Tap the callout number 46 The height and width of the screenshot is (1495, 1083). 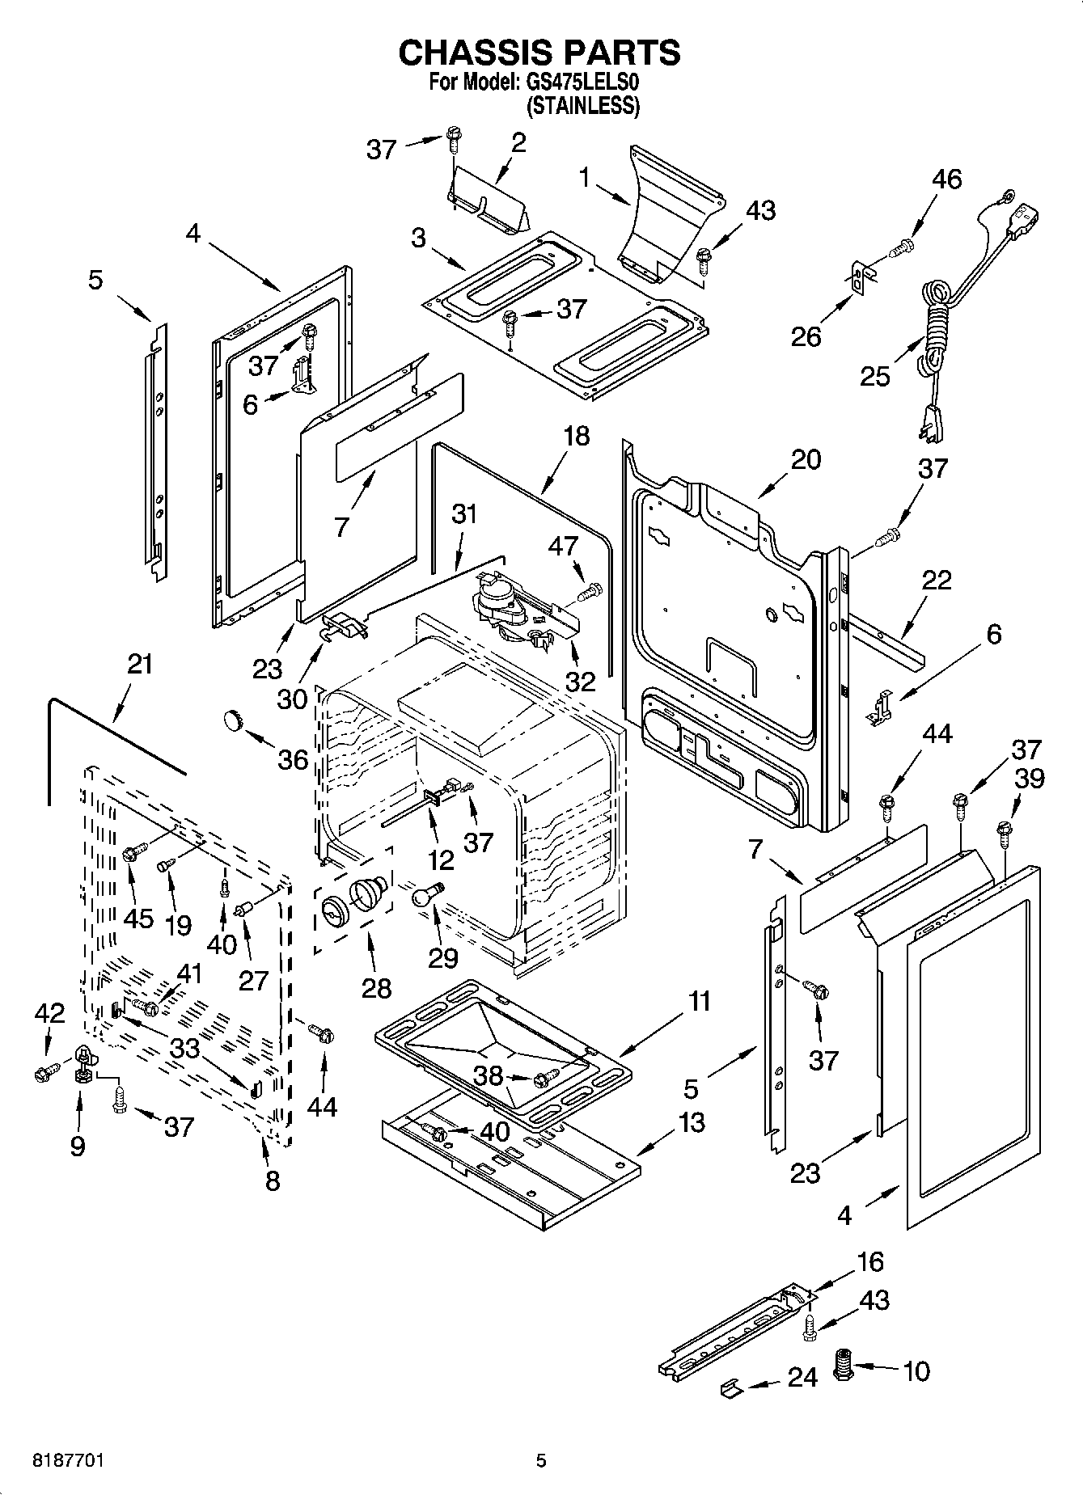946,179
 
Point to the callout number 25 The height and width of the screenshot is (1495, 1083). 875,376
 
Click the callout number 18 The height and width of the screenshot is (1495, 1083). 576,436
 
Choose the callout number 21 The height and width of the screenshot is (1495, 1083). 140,664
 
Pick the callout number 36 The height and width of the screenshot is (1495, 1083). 293,759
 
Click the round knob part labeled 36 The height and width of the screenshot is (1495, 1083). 234,718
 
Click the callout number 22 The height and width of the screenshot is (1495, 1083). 936,580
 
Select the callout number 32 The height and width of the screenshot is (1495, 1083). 580,682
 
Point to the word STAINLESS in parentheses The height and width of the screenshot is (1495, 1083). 583,105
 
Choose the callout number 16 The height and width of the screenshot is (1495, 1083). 869,1261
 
